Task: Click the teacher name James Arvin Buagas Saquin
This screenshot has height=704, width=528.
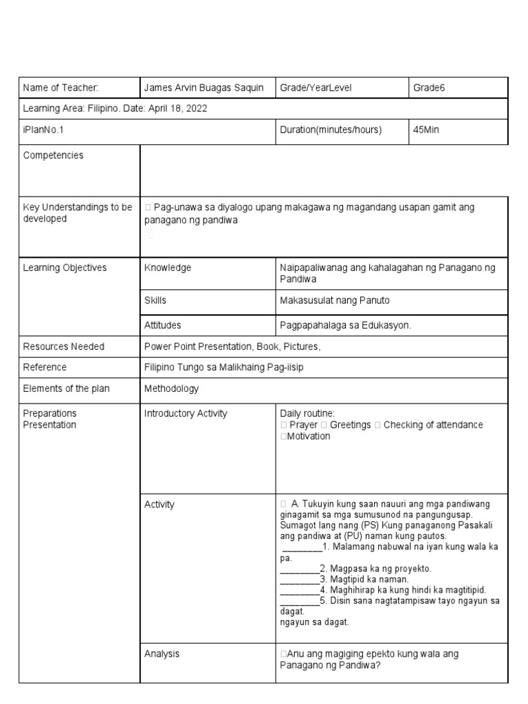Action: pos(203,87)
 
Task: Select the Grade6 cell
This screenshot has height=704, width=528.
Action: pos(430,87)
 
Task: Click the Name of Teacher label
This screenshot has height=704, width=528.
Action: pos(61,87)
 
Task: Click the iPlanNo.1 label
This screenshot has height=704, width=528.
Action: pos(43,130)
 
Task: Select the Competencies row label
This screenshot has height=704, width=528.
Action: pos(54,155)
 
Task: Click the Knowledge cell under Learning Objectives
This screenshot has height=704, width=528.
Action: pos(168,267)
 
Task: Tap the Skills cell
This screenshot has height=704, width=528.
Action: pos(155,300)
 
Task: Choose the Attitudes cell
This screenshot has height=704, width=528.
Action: pos(163,324)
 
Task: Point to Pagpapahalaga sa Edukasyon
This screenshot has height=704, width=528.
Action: pos(345,324)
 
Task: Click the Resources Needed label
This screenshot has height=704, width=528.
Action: pos(64,346)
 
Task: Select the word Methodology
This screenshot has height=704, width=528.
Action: pos(171,388)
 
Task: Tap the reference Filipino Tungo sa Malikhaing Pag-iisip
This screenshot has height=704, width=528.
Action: pos(223,367)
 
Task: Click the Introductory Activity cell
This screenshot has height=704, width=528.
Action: pos(186,413)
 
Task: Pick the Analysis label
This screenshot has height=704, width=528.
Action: pos(162,654)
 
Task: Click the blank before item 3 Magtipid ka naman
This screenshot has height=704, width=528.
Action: pos(299,580)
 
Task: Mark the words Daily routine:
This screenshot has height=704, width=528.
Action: pos(307,413)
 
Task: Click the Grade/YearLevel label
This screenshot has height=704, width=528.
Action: pos(316,87)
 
